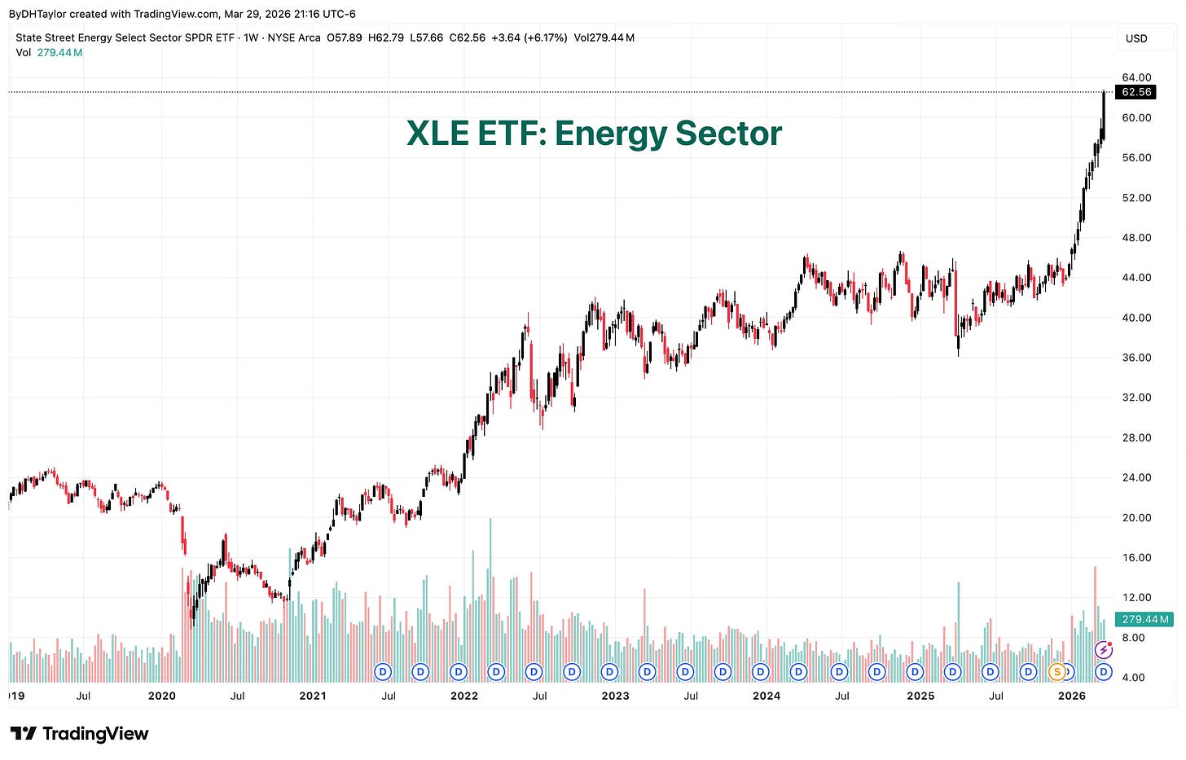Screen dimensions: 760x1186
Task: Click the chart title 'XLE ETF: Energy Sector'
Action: [x=594, y=134]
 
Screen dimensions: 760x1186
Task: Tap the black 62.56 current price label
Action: [x=1136, y=92]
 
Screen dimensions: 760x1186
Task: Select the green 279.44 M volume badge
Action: [x=1144, y=619]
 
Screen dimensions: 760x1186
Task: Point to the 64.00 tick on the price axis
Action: [x=1136, y=77]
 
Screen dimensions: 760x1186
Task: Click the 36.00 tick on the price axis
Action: [x=1136, y=358]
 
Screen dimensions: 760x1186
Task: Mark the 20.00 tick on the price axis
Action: [x=1136, y=517]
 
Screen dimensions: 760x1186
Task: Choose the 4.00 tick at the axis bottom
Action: [x=1134, y=677]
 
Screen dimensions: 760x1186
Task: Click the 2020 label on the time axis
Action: [x=162, y=696]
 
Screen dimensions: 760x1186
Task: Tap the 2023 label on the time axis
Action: [x=615, y=696]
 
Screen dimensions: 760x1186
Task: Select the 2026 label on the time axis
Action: [x=1071, y=696]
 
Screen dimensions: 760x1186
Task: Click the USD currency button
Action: [x=1136, y=38]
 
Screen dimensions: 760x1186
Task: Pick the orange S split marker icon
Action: [x=1056, y=672]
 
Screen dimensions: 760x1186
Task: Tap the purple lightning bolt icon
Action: [x=1103, y=650]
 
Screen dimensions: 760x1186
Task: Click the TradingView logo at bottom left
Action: [x=79, y=734]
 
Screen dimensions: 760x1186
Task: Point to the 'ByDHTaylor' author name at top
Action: [x=37, y=14]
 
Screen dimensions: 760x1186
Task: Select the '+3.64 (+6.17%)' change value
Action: [x=529, y=37]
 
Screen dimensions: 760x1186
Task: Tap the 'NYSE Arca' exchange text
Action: [x=294, y=37]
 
